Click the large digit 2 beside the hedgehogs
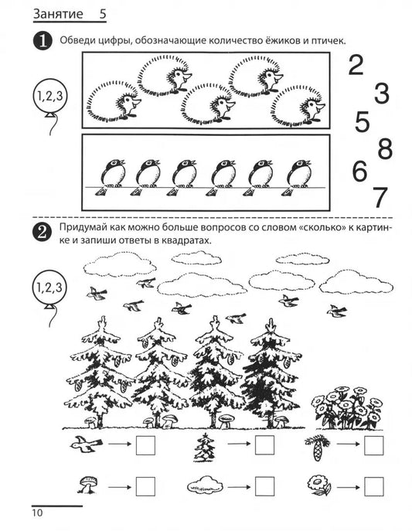click(x=356, y=66)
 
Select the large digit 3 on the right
click(x=382, y=93)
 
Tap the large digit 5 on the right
click(x=362, y=121)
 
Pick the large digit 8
click(x=385, y=148)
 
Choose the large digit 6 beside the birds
click(x=359, y=171)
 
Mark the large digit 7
click(x=380, y=197)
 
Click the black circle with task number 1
click(x=43, y=41)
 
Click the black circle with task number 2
click(x=43, y=233)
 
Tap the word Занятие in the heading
click(x=58, y=14)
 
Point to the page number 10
click(x=38, y=512)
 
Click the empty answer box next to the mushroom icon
click(x=145, y=487)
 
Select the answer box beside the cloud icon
click(x=264, y=487)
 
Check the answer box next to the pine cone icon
click(x=374, y=445)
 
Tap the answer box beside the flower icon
click(x=374, y=487)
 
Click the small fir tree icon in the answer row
click(x=205, y=447)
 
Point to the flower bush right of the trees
click(x=346, y=408)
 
